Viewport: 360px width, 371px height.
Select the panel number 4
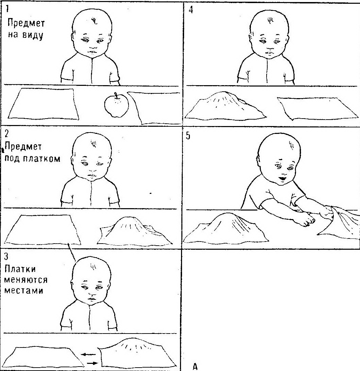191,10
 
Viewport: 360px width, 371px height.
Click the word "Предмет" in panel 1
26,23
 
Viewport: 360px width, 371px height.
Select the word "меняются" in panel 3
26,280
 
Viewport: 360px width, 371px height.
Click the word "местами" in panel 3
24,291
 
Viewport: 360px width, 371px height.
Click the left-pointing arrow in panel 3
88,354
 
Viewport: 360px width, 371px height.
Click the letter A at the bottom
195,367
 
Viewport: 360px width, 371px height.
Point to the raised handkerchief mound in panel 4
225,106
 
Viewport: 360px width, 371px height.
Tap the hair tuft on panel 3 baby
93,267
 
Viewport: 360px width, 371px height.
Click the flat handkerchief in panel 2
43,230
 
